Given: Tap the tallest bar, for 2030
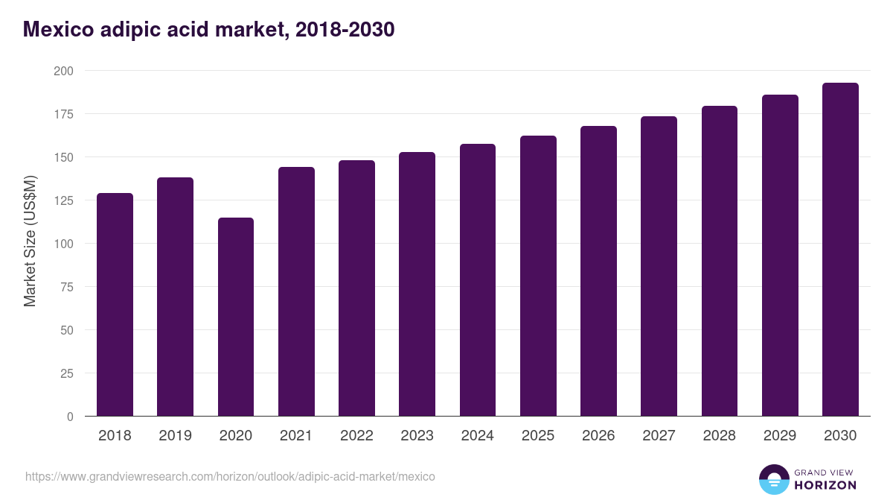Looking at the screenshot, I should click(x=840, y=250).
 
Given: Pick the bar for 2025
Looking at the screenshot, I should click(x=538, y=276).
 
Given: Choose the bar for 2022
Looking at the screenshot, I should click(x=356, y=288).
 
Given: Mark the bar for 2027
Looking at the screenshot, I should click(x=659, y=266).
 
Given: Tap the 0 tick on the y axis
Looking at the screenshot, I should click(x=70, y=417).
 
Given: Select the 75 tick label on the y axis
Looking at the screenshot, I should click(x=67, y=287).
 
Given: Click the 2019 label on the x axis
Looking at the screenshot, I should click(x=175, y=436).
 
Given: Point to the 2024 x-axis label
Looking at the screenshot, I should click(x=477, y=436).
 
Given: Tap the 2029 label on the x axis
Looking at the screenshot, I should click(x=779, y=436).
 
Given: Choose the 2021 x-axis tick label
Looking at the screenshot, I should click(x=296, y=436).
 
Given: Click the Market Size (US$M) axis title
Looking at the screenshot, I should click(x=30, y=242).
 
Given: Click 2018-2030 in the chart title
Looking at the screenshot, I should click(x=345, y=30).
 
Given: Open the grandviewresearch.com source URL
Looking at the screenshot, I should click(x=230, y=476).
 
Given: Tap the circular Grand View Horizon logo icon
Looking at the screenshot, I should click(x=773, y=479).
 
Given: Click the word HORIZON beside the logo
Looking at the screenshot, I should click(x=825, y=485).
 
